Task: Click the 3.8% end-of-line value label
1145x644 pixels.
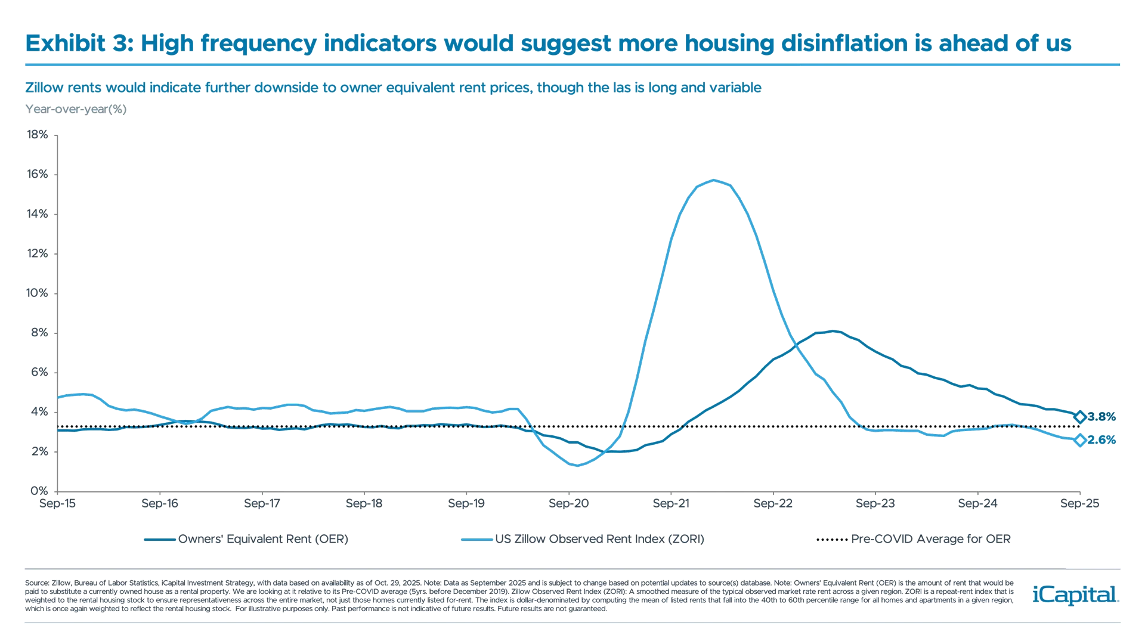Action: pos(1101,417)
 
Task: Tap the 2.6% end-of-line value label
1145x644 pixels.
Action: pos(1101,440)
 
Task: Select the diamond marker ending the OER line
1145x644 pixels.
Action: pos(1079,417)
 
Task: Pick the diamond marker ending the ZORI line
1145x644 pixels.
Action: pos(1079,440)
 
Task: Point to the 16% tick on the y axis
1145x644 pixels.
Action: pos(37,174)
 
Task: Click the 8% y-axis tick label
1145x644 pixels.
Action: pos(38,333)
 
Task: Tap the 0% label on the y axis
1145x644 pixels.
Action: pos(38,491)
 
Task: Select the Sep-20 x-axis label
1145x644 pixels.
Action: pos(569,504)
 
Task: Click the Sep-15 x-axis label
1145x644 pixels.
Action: pos(57,504)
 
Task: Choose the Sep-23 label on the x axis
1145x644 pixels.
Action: pos(875,504)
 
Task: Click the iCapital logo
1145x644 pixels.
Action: pos(1073,595)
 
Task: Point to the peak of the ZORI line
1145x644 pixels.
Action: pos(713,179)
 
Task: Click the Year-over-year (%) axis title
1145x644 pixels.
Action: pos(76,109)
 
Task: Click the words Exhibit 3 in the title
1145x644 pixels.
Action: pos(78,44)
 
